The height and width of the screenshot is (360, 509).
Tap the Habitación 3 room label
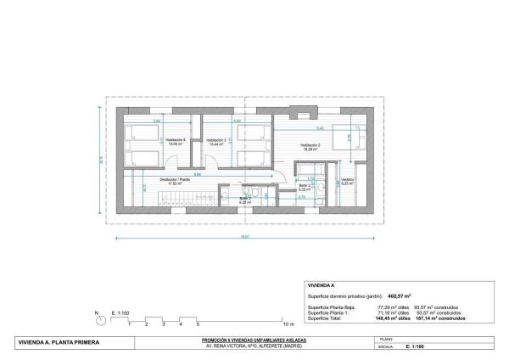[x=217, y=140]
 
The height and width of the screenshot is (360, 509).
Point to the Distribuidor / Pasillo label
[x=175, y=180]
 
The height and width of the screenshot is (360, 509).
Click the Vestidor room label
[x=347, y=180]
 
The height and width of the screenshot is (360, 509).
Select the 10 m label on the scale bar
[x=288, y=324]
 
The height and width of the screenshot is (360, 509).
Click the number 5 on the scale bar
[x=198, y=324]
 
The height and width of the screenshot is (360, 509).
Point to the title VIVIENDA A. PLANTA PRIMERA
[x=59, y=343]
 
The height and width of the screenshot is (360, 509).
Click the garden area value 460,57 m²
[x=399, y=295]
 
